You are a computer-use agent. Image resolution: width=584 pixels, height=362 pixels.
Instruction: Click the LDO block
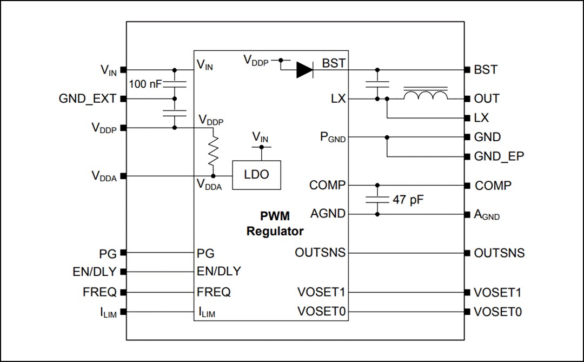(x=256, y=175)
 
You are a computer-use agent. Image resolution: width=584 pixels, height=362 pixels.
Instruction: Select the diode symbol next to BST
(x=305, y=70)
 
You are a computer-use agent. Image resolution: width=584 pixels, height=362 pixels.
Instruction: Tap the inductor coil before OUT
(x=426, y=95)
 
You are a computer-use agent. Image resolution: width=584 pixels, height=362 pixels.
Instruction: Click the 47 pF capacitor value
(x=408, y=199)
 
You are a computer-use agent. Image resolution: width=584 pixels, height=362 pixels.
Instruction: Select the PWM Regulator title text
(x=275, y=223)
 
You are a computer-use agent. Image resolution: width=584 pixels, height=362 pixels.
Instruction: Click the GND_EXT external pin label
(x=87, y=99)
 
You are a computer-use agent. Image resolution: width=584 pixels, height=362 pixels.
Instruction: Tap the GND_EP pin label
(x=499, y=157)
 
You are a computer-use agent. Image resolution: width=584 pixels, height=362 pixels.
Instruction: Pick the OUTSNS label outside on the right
(x=499, y=253)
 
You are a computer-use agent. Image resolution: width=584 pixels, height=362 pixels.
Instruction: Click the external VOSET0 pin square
(x=468, y=312)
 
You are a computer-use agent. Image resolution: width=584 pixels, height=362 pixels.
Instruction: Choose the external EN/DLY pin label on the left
(x=95, y=272)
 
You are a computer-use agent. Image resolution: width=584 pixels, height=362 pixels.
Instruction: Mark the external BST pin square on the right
(x=468, y=70)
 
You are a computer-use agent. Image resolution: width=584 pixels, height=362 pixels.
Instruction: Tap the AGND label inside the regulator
(x=328, y=214)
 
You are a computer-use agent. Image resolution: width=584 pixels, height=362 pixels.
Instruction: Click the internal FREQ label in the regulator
(x=214, y=292)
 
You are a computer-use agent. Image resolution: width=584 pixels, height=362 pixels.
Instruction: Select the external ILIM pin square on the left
(x=123, y=312)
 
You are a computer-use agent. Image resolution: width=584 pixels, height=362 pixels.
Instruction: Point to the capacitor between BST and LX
(x=377, y=84)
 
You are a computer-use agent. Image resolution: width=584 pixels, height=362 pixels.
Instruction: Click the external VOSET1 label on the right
(x=497, y=292)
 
